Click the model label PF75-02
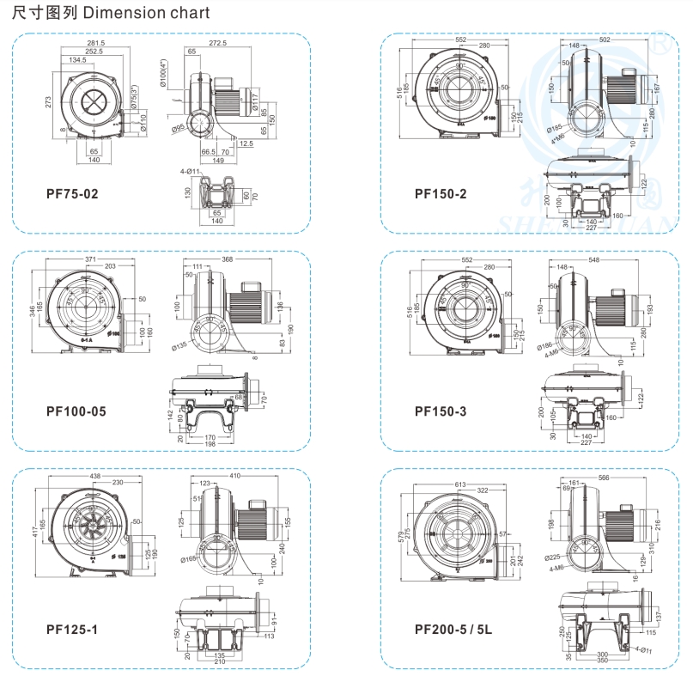72,193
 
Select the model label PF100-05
76,411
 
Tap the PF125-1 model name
72,630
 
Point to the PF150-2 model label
441,193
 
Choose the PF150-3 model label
441,411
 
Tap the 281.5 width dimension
94,43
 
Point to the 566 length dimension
605,478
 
